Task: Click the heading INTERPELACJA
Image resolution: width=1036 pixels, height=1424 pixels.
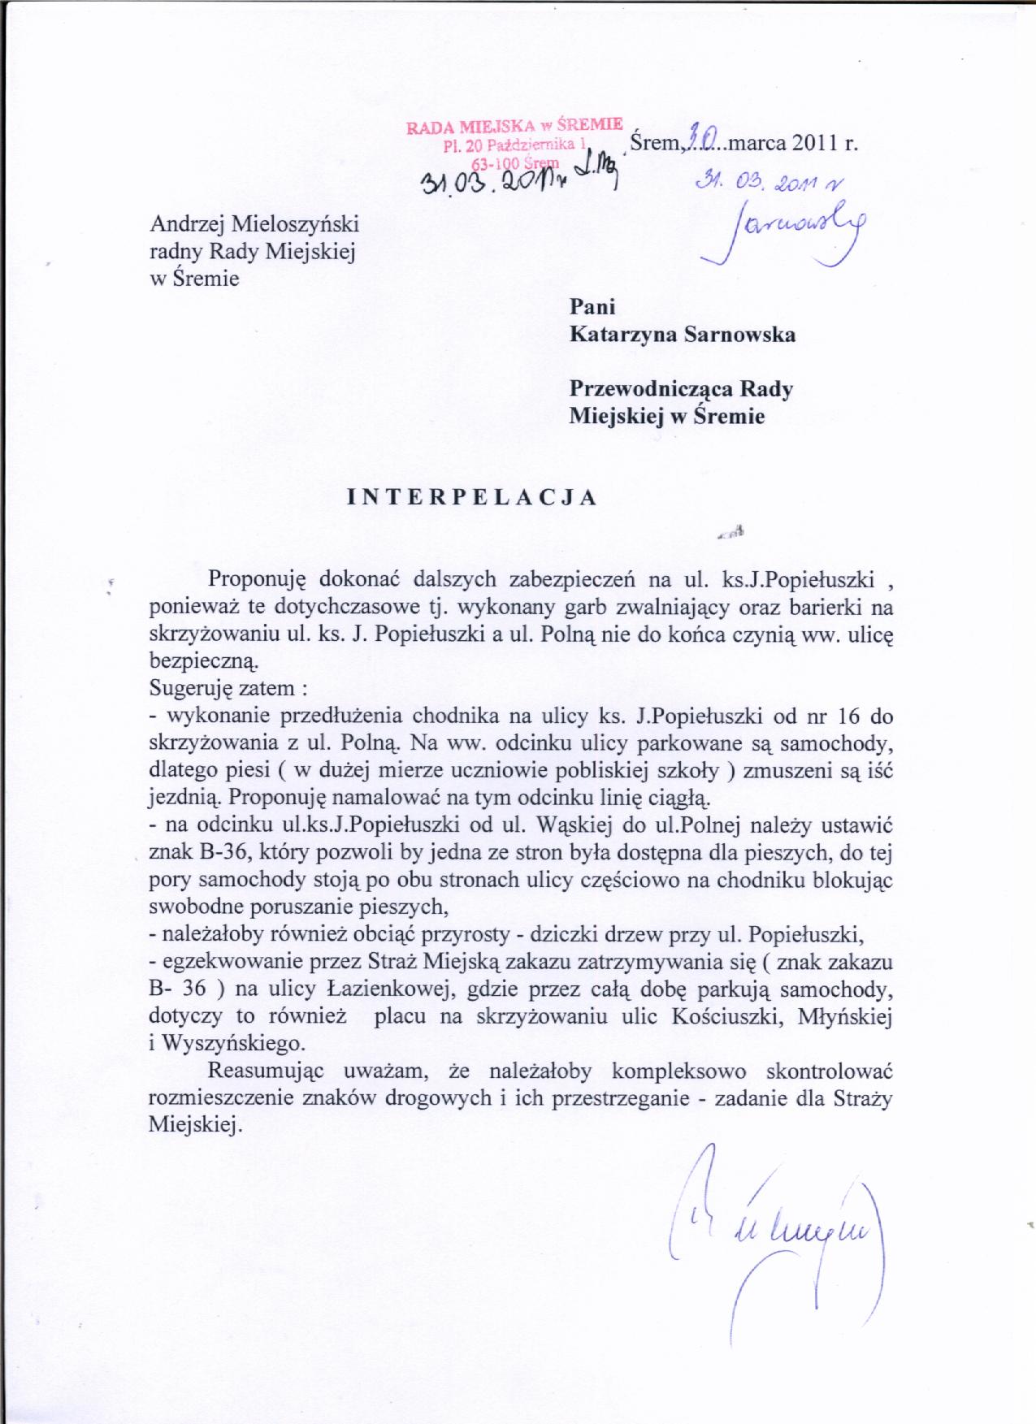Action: click(x=472, y=498)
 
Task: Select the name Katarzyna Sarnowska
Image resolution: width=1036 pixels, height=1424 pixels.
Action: click(x=683, y=335)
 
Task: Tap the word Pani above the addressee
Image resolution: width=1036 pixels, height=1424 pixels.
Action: click(x=592, y=307)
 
